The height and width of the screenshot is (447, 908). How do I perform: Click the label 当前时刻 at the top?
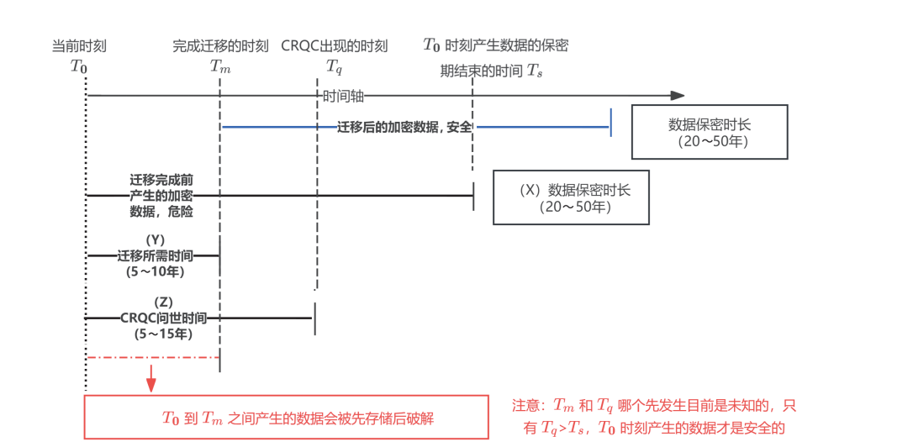[x=79, y=45]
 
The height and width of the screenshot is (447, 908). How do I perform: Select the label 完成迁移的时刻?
[x=220, y=45]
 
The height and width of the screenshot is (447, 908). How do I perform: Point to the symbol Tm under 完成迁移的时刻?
[x=220, y=66]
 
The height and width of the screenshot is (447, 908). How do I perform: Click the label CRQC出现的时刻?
[x=335, y=45]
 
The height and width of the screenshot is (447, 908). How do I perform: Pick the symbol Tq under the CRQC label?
[x=335, y=66]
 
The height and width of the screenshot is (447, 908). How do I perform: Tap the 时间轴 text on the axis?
[x=344, y=96]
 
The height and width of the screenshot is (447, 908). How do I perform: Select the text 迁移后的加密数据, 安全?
[x=410, y=128]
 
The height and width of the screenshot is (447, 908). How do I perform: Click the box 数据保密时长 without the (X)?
[x=710, y=132]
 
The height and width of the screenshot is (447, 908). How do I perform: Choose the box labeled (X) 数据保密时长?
[x=571, y=198]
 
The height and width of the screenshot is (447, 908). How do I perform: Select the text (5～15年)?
[x=163, y=334]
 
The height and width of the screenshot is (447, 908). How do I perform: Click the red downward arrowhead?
[x=151, y=386]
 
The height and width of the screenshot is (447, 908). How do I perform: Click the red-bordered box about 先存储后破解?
[x=286, y=417]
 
